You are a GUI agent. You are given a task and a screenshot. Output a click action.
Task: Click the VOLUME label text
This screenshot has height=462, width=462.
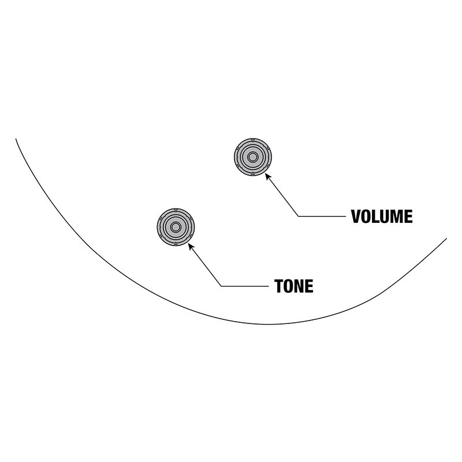coord(382,217)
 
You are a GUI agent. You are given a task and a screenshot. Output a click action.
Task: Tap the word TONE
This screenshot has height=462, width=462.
coord(294,286)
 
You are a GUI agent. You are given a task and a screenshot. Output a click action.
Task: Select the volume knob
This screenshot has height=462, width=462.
coord(253,157)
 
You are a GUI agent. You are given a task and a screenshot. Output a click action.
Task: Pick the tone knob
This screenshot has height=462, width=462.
coord(176,227)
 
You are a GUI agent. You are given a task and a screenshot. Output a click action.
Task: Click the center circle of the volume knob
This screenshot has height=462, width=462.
coord(253,157)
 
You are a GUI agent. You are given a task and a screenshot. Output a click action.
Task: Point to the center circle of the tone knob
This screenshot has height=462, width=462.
coord(176,227)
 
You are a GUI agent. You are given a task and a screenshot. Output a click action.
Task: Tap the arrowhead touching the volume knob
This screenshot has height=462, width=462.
coord(268,177)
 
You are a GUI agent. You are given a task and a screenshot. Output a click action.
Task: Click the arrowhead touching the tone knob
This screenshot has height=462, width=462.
coord(191,247)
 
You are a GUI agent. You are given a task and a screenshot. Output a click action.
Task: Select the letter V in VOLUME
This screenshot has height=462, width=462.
coord(356,217)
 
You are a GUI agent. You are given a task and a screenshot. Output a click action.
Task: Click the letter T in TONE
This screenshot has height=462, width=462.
coord(279,286)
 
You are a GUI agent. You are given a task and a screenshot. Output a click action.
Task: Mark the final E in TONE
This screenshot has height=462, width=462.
coord(310,286)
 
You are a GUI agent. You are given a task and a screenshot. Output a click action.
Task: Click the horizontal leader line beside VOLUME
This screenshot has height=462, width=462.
coord(322,216)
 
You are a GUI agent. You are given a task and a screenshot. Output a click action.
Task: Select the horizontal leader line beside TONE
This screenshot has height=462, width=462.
coord(244,286)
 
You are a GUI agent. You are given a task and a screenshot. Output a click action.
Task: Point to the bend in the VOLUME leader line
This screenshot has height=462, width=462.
coord(298,216)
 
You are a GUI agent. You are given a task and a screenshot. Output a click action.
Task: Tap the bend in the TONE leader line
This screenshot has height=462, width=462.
coord(221,286)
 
